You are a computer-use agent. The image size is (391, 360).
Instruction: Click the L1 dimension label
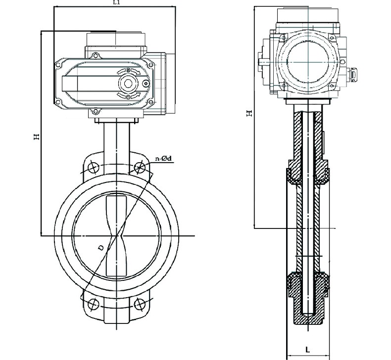[x=117, y=3]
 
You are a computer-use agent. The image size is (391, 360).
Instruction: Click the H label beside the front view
[x=37, y=136]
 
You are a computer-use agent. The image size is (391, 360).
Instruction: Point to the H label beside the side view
[x=250, y=113]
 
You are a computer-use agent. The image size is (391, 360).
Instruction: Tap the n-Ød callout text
[x=163, y=158]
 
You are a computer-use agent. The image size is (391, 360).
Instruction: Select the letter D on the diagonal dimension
[x=101, y=248]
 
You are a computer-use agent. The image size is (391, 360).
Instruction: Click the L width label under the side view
[x=308, y=350]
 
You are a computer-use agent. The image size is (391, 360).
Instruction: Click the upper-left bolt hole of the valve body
[x=93, y=167]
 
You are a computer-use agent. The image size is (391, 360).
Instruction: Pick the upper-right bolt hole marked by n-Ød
[x=140, y=167]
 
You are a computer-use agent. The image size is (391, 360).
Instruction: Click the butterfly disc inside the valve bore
[x=117, y=235]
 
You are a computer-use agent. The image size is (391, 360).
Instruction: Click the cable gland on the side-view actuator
[x=354, y=74]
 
